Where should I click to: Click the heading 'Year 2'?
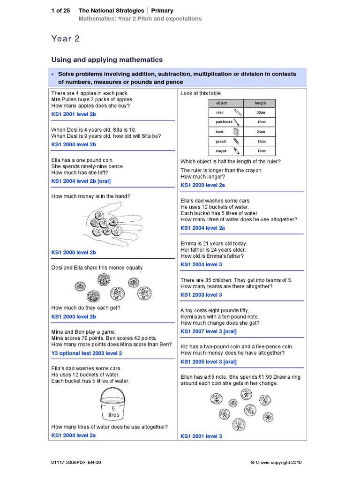coord(66,39)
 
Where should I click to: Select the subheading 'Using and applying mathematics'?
coord(107,60)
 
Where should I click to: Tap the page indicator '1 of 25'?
coord(60,10)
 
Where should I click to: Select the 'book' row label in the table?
coord(220,132)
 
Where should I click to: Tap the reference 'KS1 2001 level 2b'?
coord(74,114)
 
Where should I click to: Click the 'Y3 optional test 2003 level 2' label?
coord(86,353)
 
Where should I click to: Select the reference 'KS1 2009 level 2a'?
coord(203,186)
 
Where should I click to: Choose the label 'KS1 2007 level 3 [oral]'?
coord(209,331)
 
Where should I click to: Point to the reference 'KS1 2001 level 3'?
coord(202,436)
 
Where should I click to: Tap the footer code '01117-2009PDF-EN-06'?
coord(76,462)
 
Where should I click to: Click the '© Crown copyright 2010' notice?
coord(276,462)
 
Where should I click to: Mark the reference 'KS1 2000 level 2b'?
coord(74,253)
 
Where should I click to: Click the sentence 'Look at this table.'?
coord(202,93)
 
